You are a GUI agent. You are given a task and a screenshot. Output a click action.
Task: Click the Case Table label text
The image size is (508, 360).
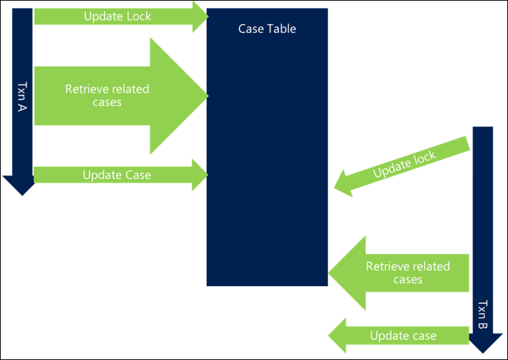pos(267,29)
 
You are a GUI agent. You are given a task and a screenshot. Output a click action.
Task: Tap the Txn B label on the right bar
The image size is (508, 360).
pos(482,316)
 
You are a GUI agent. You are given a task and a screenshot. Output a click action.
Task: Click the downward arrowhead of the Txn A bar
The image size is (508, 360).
pos(19,186)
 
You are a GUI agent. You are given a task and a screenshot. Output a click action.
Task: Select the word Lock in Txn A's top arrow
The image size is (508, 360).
pos(137,15)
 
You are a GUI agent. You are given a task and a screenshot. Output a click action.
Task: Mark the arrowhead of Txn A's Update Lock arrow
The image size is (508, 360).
pos(200,15)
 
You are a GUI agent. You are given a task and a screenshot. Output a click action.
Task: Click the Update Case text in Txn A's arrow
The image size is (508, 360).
pos(117,174)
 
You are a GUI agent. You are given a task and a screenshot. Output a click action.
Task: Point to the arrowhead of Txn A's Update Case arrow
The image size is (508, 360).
pos(200,174)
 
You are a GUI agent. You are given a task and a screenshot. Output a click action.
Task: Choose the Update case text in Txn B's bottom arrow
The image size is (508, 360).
pos(403,335)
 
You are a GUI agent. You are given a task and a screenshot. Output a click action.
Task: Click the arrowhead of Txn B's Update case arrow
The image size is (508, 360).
pos(337,335)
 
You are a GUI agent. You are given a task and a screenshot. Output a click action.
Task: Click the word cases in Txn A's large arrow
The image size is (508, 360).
pos(107,103)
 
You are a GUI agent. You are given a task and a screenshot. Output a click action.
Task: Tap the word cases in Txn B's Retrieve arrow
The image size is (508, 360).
pos(408,279)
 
